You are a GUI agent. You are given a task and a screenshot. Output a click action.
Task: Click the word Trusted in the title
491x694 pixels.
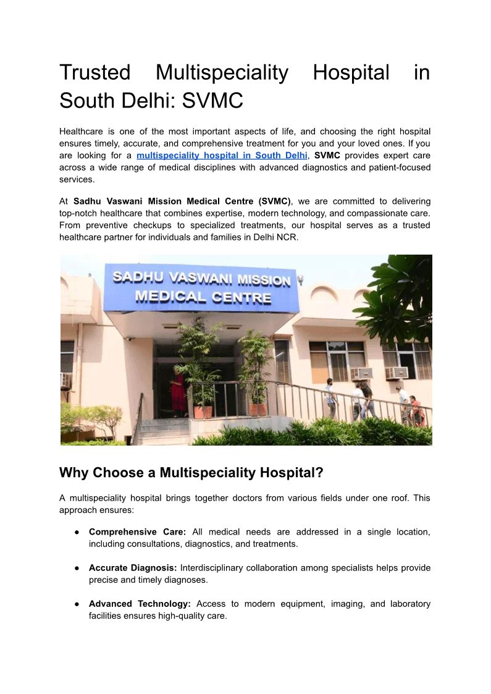94,73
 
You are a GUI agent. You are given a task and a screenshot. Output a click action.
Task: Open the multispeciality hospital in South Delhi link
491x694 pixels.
222,155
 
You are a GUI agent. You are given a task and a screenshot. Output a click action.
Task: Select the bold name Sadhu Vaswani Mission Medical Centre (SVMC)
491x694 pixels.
182,201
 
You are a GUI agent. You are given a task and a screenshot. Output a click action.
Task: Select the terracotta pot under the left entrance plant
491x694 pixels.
203,412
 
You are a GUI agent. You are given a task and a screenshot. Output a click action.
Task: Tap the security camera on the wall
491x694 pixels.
129,339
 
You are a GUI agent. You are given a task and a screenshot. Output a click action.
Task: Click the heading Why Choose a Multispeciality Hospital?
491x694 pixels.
191,473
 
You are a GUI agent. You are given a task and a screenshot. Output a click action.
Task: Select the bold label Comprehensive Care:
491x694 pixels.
137,531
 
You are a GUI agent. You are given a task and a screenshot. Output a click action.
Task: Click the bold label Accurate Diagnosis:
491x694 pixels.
133,567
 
